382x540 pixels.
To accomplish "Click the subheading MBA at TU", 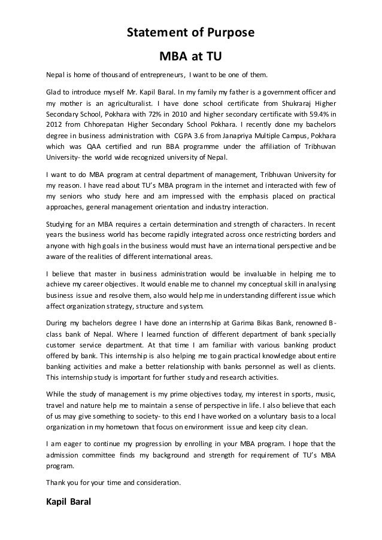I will point(190,57).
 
